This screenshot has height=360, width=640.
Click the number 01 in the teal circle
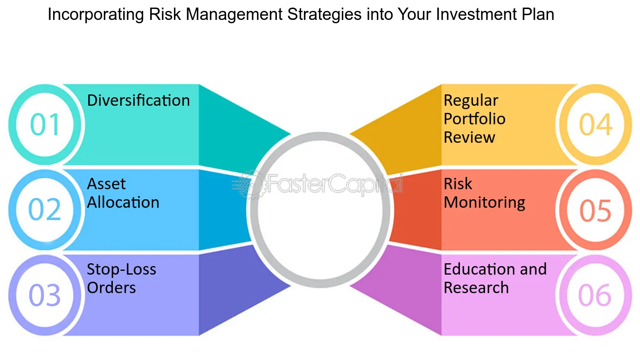click(x=45, y=124)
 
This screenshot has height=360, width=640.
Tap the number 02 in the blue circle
click(x=45, y=209)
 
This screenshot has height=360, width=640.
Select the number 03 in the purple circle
click(x=45, y=295)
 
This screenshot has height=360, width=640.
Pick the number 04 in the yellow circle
click(x=596, y=124)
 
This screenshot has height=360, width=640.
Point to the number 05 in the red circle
click(x=595, y=211)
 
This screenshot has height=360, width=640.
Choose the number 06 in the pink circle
click(x=595, y=295)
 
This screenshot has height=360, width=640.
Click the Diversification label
click(x=138, y=101)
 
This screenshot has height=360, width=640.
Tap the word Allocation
click(x=123, y=202)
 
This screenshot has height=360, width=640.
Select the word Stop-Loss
click(x=121, y=269)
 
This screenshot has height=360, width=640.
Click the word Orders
click(x=111, y=287)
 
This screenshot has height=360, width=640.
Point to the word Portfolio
click(x=475, y=119)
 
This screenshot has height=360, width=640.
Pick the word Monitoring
click(x=485, y=203)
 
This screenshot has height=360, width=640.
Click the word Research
click(x=476, y=287)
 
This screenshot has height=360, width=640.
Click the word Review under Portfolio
click(x=469, y=137)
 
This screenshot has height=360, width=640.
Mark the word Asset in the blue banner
click(x=106, y=184)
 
